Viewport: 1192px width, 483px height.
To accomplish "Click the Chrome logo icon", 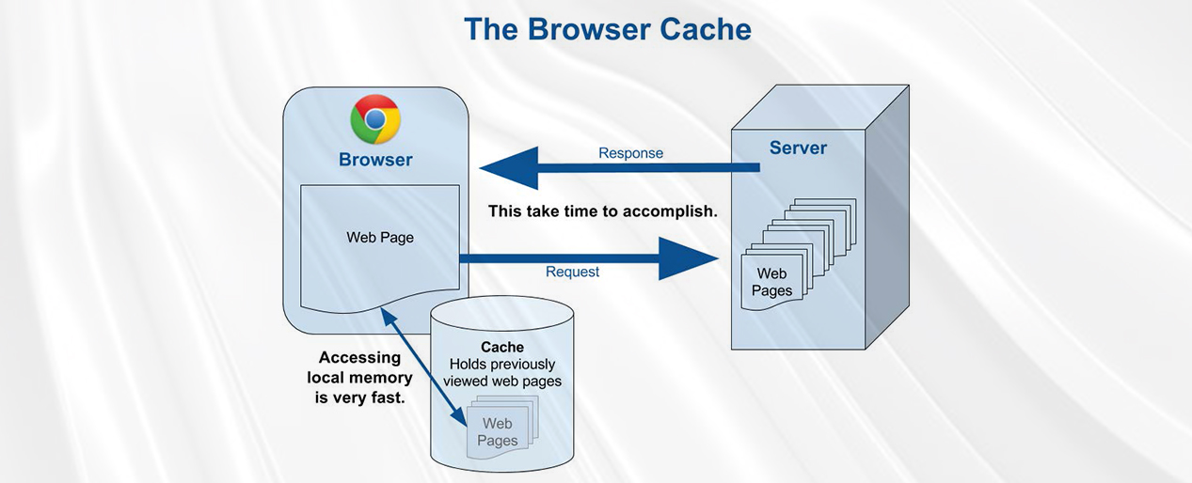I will pyautogui.click(x=375, y=119).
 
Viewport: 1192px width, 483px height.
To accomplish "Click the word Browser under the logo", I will pyautogui.click(x=375, y=160).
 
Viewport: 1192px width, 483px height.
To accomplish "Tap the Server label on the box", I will pyautogui.click(x=798, y=148).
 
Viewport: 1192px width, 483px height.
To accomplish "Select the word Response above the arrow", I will pyautogui.click(x=630, y=153).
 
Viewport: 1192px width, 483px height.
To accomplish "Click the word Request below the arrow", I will pyautogui.click(x=572, y=272).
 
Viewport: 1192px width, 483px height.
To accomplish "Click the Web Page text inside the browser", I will pyautogui.click(x=380, y=238).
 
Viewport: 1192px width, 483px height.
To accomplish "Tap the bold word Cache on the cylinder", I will pyautogui.click(x=502, y=348).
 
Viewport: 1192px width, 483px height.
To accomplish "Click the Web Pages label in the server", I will pyautogui.click(x=771, y=282).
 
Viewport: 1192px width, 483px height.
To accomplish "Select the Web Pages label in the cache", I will pyautogui.click(x=497, y=432).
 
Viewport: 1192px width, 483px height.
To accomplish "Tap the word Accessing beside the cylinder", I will pyautogui.click(x=359, y=357).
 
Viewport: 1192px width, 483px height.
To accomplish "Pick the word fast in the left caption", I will pyautogui.click(x=385, y=398).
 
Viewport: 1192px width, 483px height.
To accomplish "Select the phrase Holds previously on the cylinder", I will pyautogui.click(x=502, y=365).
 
